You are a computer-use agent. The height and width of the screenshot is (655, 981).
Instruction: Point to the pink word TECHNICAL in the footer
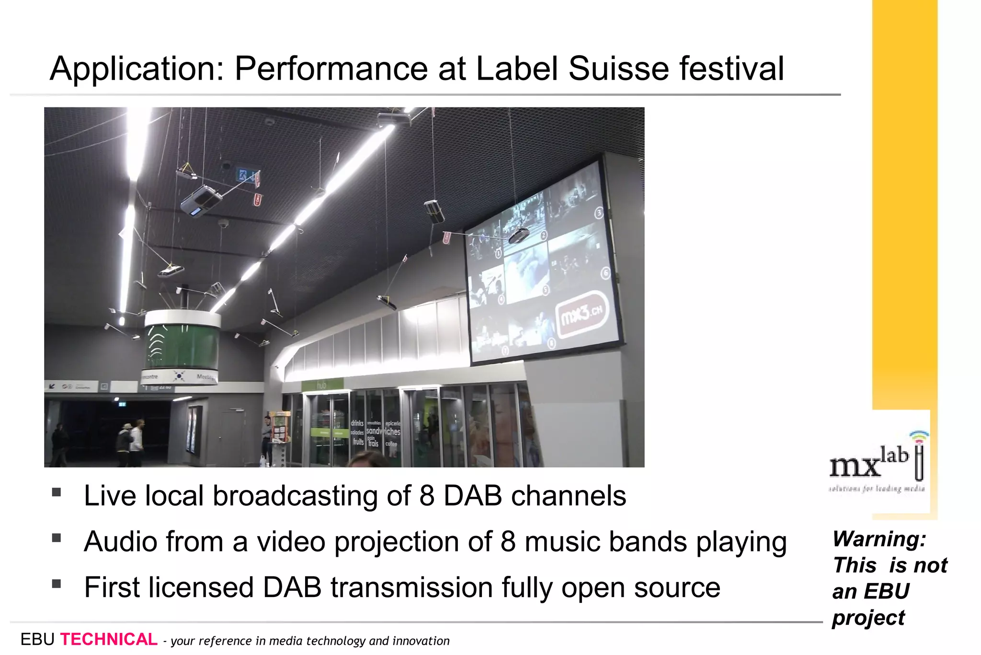click(x=109, y=640)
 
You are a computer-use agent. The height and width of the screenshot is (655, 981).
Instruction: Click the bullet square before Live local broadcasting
click(x=57, y=492)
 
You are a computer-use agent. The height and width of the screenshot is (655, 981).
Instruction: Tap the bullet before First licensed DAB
click(x=57, y=584)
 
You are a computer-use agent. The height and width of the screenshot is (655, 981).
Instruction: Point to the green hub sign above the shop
click(x=322, y=385)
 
